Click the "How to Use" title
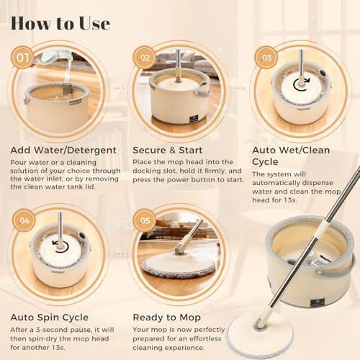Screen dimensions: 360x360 (60, 24)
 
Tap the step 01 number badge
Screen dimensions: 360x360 (22, 58)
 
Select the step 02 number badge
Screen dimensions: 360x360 (144, 58)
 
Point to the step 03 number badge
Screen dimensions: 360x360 (266, 58)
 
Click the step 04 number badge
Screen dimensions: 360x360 (24, 220)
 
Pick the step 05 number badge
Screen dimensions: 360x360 (145, 220)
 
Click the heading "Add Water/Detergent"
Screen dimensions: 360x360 (63, 150)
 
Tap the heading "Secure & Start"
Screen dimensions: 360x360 (168, 150)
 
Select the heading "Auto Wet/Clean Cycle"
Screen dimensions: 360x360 (291, 156)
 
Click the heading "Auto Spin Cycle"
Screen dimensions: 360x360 (50, 318)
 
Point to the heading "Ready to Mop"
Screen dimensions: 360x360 (167, 318)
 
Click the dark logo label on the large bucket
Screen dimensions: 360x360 (317, 302)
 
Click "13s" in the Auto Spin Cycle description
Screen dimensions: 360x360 (58, 347)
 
